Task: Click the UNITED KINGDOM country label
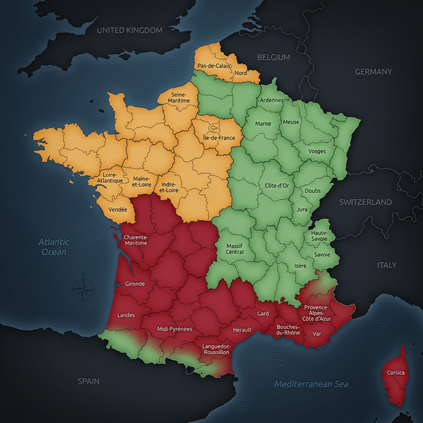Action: [x=130, y=30]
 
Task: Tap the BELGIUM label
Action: [x=274, y=58]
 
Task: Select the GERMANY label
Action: [x=373, y=71]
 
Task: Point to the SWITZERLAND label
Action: [x=365, y=202]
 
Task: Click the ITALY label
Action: [x=387, y=265]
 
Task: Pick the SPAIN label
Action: [x=89, y=381]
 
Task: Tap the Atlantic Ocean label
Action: [x=54, y=247]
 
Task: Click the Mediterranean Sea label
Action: [x=311, y=384]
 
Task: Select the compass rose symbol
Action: [x=83, y=289]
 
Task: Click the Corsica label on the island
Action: [x=396, y=373]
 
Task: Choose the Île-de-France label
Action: [x=219, y=137]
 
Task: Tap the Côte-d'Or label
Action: [x=277, y=186]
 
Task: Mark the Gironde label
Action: [x=134, y=284]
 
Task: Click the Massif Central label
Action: [x=235, y=249]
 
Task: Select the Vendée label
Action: [x=118, y=210]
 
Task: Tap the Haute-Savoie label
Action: [x=319, y=236]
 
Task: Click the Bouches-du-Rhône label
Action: [x=288, y=330]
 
